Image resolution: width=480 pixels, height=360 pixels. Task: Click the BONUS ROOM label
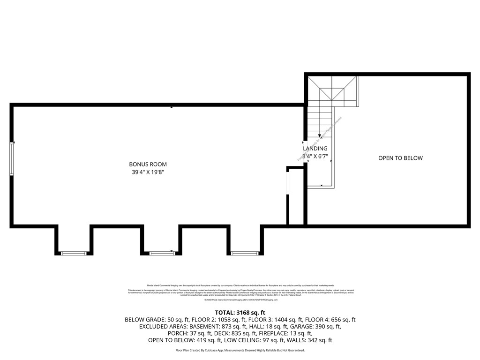(148, 165)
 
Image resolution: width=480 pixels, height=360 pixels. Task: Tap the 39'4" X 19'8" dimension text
(148, 172)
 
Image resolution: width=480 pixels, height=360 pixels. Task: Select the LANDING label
(315, 149)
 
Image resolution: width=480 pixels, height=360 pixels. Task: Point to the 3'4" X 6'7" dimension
(315, 156)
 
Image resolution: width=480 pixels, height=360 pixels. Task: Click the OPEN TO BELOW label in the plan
(400, 158)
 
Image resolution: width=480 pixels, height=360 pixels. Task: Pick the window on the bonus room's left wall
(12, 159)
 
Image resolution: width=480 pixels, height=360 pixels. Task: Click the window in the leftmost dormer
(74, 253)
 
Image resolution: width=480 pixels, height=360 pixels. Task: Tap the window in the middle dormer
(162, 253)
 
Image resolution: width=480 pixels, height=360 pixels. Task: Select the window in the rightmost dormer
(245, 253)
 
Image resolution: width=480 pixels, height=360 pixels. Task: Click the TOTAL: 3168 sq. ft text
(240, 313)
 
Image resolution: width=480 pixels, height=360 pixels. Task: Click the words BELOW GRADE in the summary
(145, 320)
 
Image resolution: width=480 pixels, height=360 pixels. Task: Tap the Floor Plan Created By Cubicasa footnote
(240, 350)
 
